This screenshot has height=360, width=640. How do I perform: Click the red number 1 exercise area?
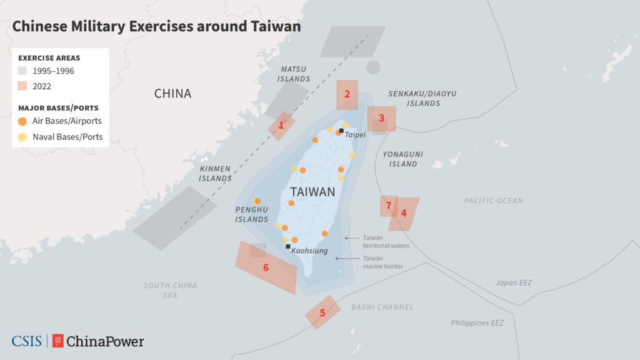pyautogui.click(x=281, y=126)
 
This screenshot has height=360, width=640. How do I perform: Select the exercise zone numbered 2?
pyautogui.click(x=347, y=96)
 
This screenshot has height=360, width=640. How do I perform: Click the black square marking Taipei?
pyautogui.click(x=341, y=131)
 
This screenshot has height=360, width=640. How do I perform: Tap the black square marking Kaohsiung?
pyautogui.click(x=288, y=247)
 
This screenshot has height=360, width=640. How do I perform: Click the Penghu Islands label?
pyautogui.click(x=252, y=214)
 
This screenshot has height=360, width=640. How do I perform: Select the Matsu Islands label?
pyautogui.click(x=294, y=74)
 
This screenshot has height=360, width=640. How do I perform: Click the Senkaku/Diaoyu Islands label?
pyautogui.click(x=423, y=98)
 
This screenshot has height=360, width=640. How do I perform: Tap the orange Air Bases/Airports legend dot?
pyautogui.click(x=23, y=121)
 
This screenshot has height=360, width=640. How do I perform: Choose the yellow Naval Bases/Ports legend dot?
pyautogui.click(x=23, y=137)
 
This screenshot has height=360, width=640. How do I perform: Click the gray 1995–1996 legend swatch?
pyautogui.click(x=23, y=71)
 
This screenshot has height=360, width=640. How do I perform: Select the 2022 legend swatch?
pyautogui.click(x=23, y=86)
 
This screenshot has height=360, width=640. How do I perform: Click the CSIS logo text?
pyautogui.click(x=26, y=341)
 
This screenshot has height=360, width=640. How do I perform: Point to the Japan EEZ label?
pyautogui.click(x=514, y=283)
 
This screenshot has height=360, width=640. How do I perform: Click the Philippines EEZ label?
pyautogui.click(x=477, y=323)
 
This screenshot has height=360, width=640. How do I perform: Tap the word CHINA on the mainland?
pyautogui.click(x=172, y=94)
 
